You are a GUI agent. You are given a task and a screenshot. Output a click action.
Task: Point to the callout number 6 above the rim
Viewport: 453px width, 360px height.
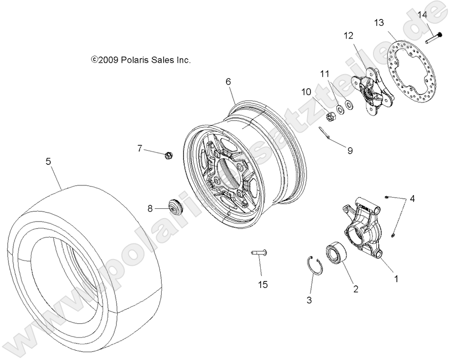[x=228, y=82]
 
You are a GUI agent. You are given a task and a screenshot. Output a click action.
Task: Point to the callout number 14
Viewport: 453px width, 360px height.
[x=422, y=15]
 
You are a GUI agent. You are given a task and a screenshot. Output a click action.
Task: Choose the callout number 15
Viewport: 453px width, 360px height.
[x=263, y=284]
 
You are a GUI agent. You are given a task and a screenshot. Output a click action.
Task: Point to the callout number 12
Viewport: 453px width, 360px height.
[x=348, y=36]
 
